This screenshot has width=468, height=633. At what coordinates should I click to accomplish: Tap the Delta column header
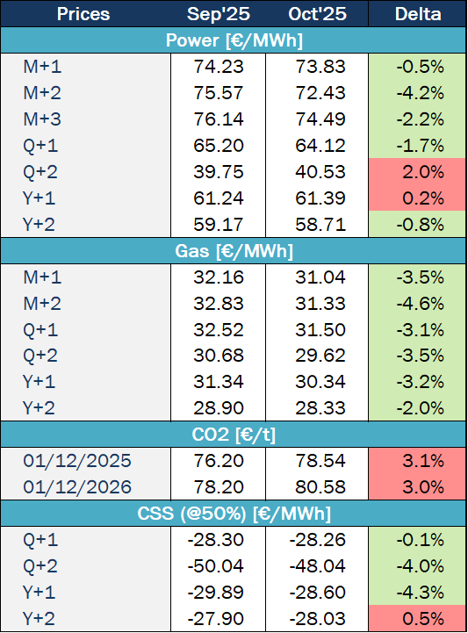point(418,14)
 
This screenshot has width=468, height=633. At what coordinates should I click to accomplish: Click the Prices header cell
point(83,14)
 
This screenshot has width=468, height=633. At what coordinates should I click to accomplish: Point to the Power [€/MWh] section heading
point(234,40)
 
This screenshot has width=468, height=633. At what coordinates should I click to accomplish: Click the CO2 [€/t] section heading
point(234,434)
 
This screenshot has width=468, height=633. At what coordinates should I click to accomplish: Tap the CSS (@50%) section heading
point(234,512)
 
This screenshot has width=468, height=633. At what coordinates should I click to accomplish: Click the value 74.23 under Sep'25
point(218,67)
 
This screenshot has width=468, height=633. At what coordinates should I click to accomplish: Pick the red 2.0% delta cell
point(418,172)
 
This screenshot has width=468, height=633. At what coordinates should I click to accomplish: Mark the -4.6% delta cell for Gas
point(418,303)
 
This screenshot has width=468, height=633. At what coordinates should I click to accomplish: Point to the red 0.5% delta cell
point(418,617)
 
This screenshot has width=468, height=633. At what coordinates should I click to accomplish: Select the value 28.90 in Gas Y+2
point(218,408)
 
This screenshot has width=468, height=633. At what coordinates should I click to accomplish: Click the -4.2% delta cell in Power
point(418,93)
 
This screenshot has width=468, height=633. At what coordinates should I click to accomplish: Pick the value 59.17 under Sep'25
point(218,225)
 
